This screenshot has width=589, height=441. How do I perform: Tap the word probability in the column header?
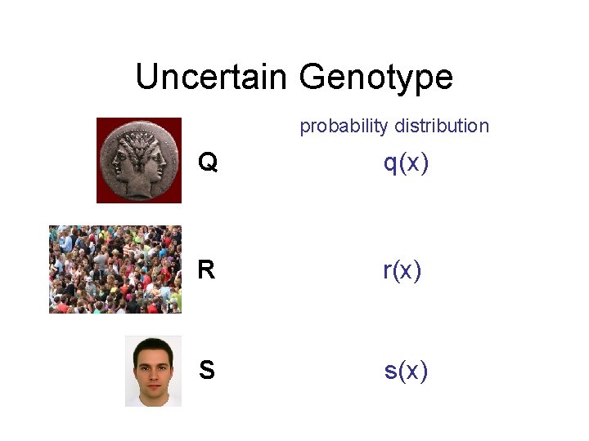(x=344, y=126)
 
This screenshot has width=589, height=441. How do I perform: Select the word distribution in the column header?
(x=442, y=126)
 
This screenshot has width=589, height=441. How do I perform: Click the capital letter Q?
(x=208, y=164)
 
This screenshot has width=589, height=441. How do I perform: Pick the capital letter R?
(x=206, y=270)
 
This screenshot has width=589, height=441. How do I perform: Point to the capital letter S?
(x=207, y=371)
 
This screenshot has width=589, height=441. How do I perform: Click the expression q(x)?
(x=407, y=163)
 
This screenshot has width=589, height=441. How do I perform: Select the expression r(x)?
(x=402, y=269)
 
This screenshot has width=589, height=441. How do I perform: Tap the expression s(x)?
(x=406, y=371)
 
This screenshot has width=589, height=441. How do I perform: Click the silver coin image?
(x=139, y=160)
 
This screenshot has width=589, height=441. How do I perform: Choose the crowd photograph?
(x=115, y=269)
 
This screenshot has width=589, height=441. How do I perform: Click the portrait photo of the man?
(x=153, y=371)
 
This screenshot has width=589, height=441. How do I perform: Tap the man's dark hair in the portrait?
(x=153, y=346)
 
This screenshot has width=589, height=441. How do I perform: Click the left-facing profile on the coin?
(x=123, y=159)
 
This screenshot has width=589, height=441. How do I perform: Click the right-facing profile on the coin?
(x=155, y=159)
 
